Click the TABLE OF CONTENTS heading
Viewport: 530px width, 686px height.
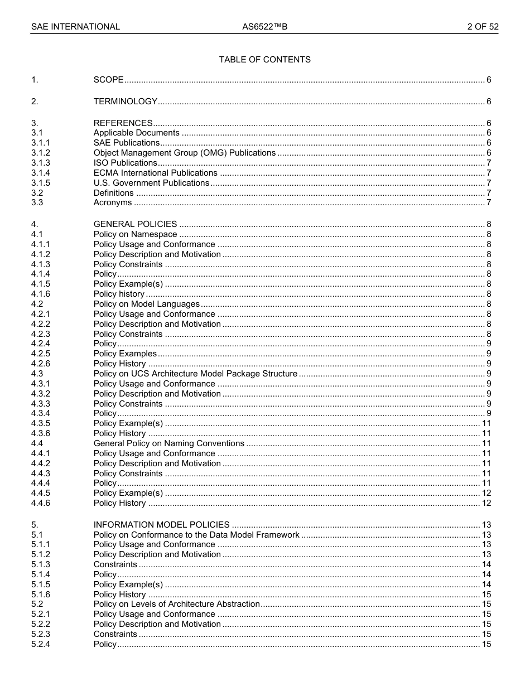point(264,60)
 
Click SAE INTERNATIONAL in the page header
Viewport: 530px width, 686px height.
point(75,27)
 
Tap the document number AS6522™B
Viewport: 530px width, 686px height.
point(264,27)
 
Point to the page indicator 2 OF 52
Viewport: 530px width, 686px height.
point(483,27)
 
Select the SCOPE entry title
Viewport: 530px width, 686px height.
point(109,80)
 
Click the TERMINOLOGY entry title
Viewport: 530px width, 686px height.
point(126,102)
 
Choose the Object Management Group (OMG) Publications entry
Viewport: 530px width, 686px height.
point(185,153)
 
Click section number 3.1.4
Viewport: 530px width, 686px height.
point(41,173)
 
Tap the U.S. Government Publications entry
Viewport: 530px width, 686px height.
point(151,183)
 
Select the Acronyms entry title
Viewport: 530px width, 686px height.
point(113,202)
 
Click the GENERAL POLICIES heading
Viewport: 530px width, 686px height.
point(135,224)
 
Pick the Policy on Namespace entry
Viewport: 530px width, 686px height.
point(135,234)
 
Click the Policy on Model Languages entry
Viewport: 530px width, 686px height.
point(147,304)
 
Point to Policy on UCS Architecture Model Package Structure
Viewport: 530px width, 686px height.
point(195,374)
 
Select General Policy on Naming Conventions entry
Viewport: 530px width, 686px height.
point(169,443)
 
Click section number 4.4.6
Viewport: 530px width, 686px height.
point(41,503)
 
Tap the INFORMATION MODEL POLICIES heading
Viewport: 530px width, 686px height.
point(162,525)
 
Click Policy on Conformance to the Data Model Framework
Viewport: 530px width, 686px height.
point(196,535)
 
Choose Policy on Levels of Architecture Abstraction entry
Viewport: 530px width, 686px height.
point(177,604)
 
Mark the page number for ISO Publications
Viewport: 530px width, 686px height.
point(489,163)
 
